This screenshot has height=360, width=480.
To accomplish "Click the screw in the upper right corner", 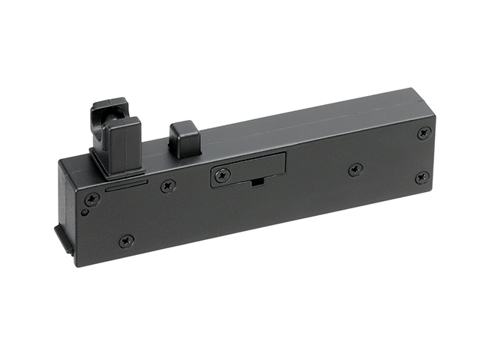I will [424, 133].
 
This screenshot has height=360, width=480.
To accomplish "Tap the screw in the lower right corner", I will [422, 178].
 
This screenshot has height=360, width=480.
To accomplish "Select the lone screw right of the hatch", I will [355, 170].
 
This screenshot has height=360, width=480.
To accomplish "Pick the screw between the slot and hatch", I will [168, 186].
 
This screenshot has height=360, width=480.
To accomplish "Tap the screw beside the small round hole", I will [91, 199].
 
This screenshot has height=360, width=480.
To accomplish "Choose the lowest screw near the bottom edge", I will [126, 241].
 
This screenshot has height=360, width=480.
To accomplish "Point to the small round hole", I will [84, 212].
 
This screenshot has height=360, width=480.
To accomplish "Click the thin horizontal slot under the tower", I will [125, 185].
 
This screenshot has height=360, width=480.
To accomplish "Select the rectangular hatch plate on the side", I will [247, 169].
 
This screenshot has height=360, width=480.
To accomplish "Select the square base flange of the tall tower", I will [116, 166].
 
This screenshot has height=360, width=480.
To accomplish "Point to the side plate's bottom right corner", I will [431, 188].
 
